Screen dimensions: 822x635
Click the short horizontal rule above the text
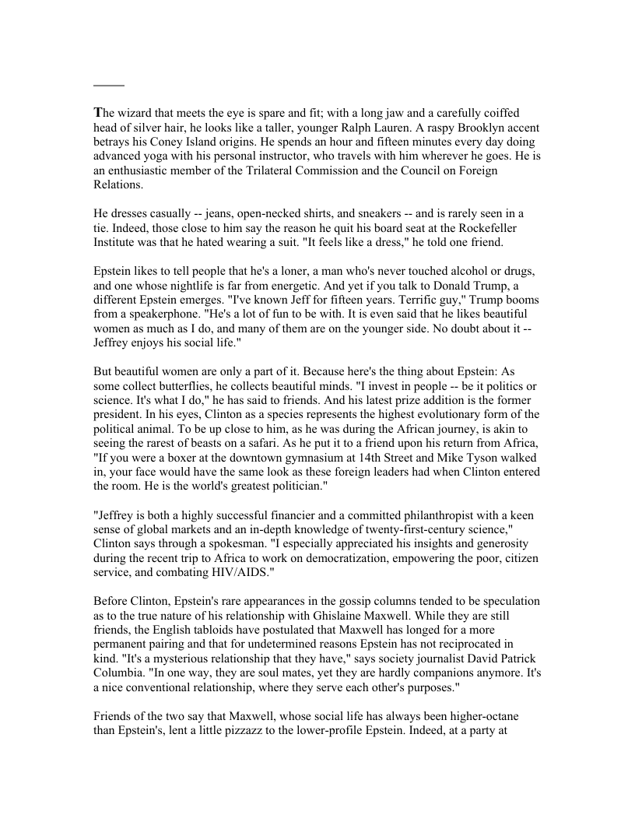(109, 84)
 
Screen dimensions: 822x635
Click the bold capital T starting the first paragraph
(98, 114)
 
